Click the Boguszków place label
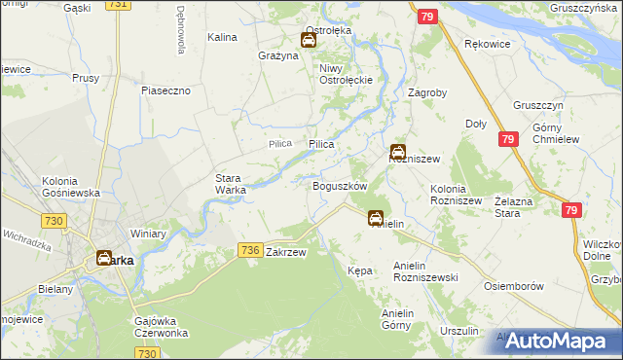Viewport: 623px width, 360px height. coord(339,185)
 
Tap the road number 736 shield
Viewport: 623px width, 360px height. coord(249,251)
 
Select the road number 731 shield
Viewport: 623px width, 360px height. coord(118,5)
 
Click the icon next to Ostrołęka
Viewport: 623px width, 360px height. coord(309,41)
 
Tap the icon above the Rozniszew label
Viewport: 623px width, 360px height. coord(398,151)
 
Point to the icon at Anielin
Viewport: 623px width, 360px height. coord(376,219)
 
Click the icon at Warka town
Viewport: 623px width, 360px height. coord(103,259)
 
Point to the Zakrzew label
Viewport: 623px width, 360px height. coord(286,252)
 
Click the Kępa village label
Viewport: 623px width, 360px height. coord(359,270)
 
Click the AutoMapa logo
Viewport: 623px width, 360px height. coord(556,342)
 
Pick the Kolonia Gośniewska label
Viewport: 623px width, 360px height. coord(71,187)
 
